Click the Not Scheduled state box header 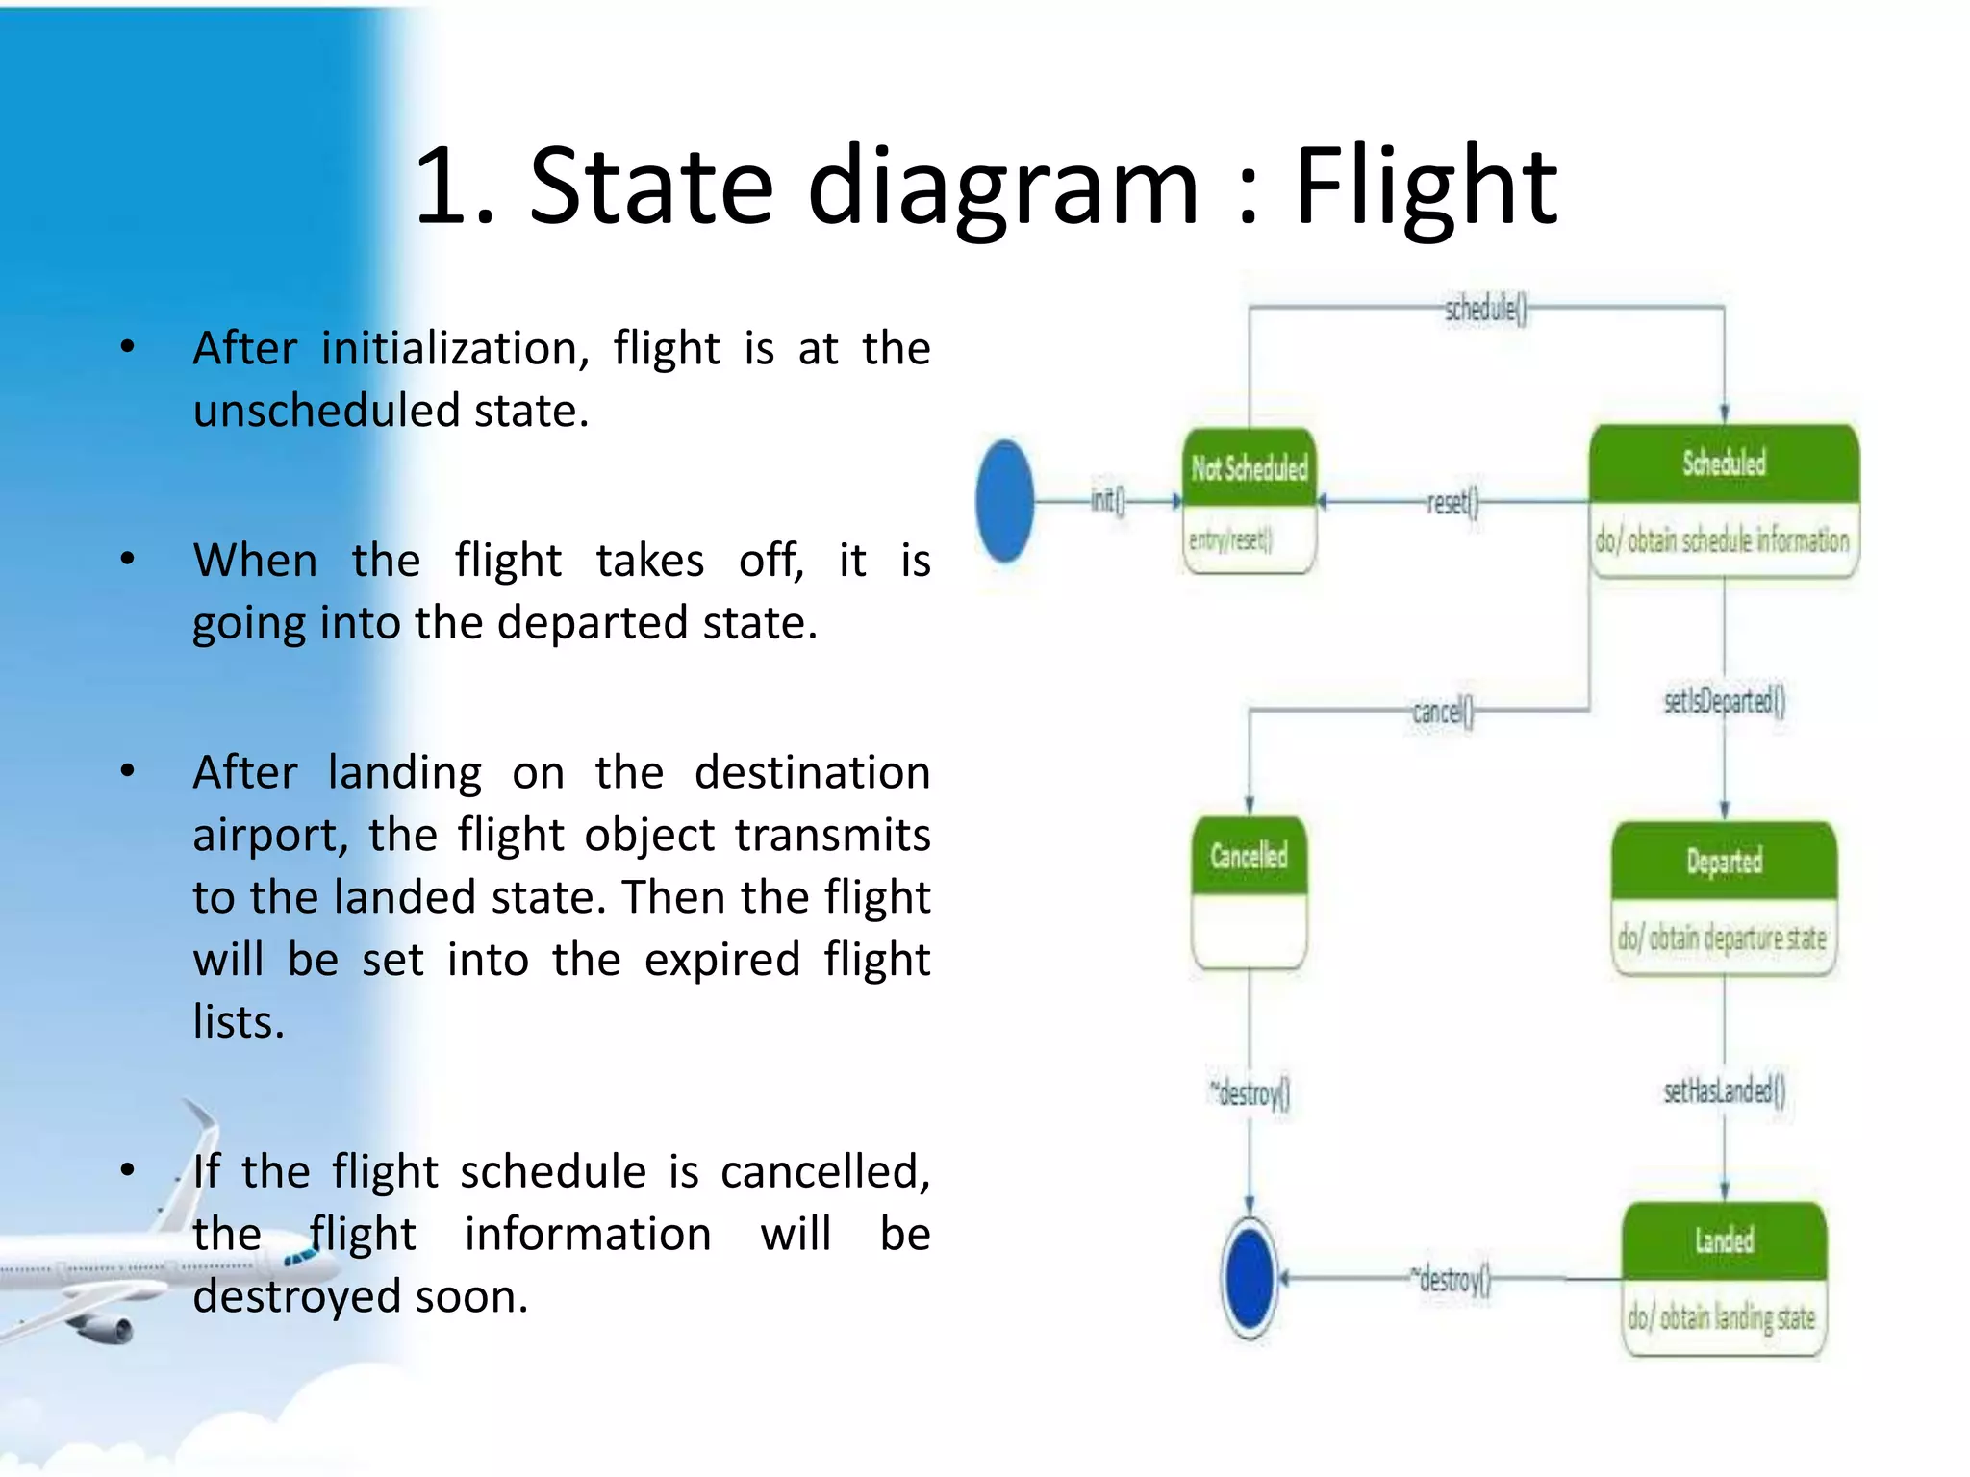1249,468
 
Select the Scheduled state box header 1724,463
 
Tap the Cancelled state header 1249,856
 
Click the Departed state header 1724,861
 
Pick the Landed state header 1724,1240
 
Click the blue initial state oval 1004,501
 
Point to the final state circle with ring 1250,1278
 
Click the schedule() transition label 1484,310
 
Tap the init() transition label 1107,500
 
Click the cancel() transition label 1442,713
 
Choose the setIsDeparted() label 1724,701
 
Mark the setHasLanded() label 1724,1090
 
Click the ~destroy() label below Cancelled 1250,1093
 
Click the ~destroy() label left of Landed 1451,1280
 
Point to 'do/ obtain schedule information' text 1722,541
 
